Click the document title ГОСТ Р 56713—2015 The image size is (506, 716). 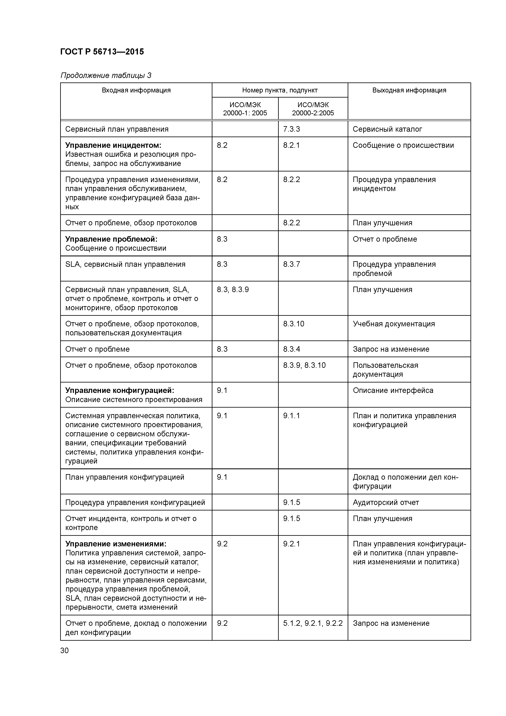click(102, 52)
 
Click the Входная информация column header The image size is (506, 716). click(136, 90)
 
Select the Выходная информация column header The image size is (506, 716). click(409, 90)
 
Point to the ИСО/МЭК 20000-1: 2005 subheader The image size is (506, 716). click(245, 109)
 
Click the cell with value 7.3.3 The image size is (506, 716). click(292, 129)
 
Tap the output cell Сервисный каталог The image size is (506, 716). click(387, 129)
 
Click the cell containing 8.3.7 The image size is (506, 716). click(292, 265)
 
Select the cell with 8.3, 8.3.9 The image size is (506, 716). click(233, 290)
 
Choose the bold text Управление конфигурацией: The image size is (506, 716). click(119, 390)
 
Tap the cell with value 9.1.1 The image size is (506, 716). click(292, 416)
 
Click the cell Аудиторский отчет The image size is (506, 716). click(386, 502)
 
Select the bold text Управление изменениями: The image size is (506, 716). click(116, 544)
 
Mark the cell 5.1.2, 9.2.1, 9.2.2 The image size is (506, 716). click(313, 623)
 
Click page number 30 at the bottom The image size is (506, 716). click(64, 650)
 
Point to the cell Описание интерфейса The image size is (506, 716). click(393, 390)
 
